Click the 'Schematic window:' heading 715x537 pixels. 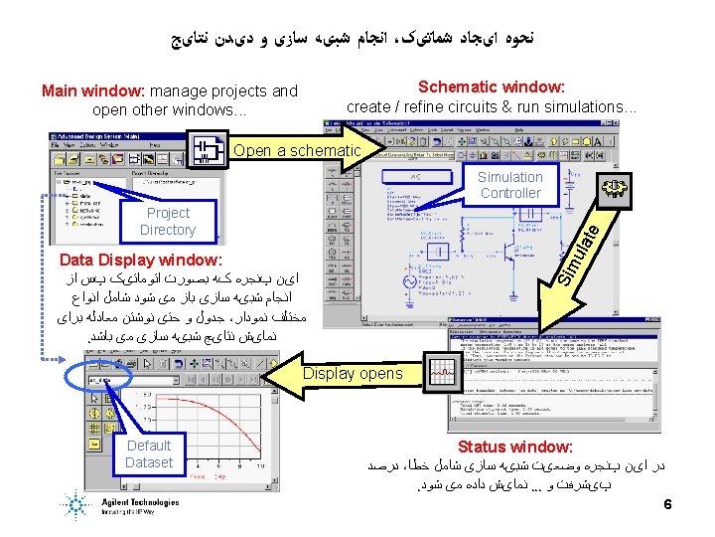tap(491, 88)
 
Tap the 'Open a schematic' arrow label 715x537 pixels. tap(297, 150)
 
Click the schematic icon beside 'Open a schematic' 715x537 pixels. tap(208, 150)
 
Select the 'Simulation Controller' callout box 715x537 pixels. tap(509, 185)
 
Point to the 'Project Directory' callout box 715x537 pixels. tap(168, 221)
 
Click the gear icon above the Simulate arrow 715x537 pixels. tap(618, 188)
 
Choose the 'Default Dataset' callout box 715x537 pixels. tap(149, 454)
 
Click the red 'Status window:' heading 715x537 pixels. tap(515, 447)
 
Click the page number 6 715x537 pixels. tap(668, 504)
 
